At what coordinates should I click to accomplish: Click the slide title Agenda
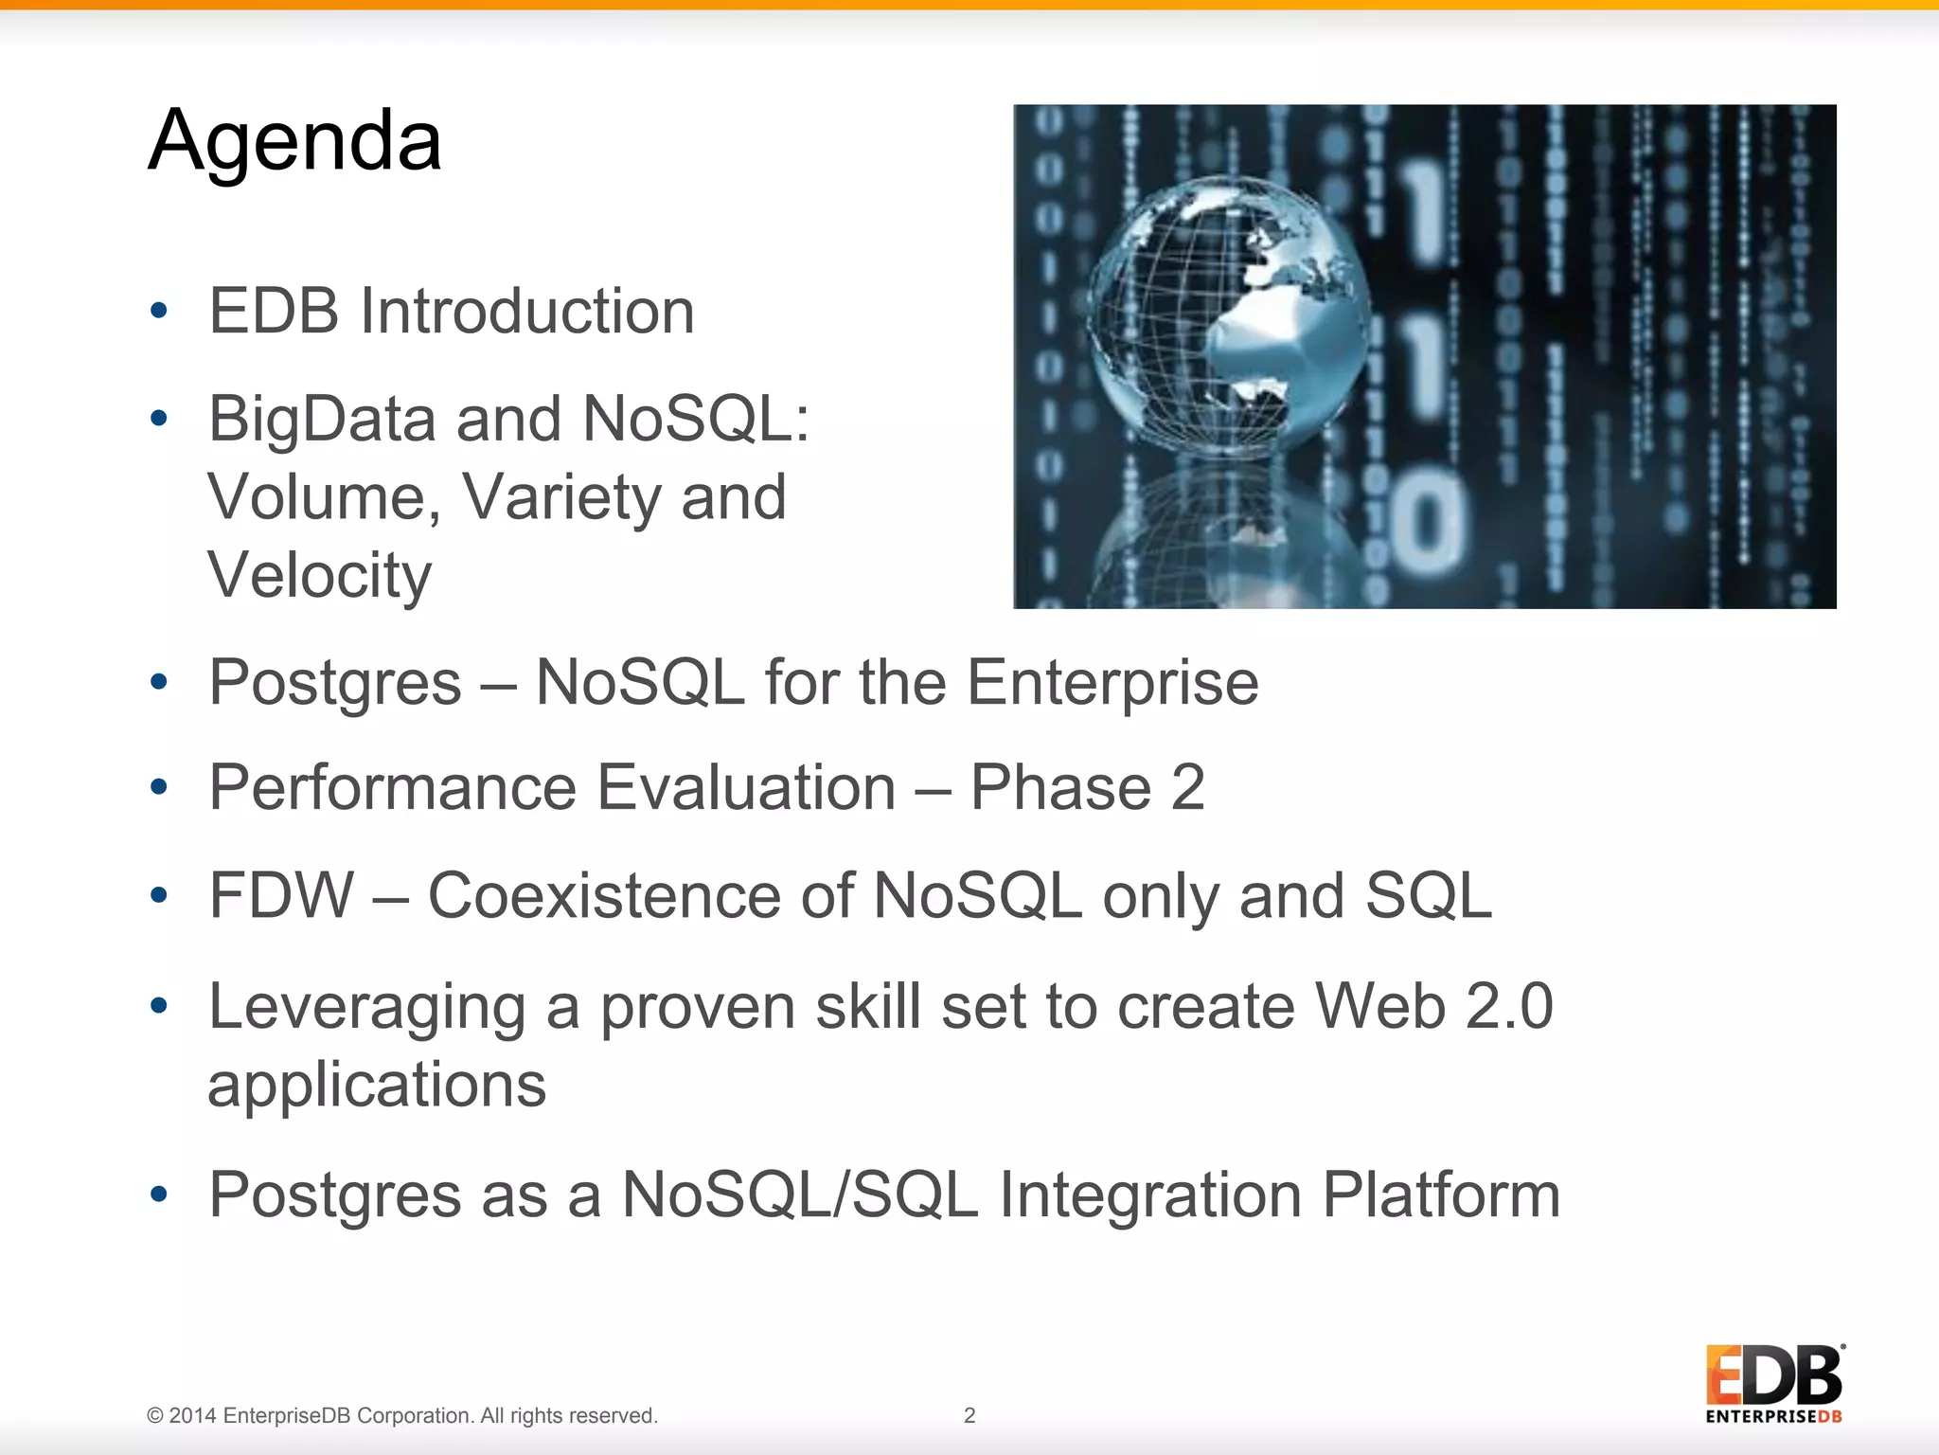[294, 142]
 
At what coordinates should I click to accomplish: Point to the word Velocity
[319, 575]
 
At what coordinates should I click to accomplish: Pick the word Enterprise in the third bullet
[1112, 683]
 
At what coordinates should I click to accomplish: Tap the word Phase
[1060, 788]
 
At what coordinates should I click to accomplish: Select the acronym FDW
[281, 896]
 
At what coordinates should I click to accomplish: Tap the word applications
[377, 1085]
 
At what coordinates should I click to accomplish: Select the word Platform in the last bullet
[1441, 1195]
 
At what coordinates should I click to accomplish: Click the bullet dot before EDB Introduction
[159, 311]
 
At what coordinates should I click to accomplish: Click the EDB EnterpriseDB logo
[1774, 1383]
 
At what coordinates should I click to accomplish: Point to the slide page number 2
[969, 1415]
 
